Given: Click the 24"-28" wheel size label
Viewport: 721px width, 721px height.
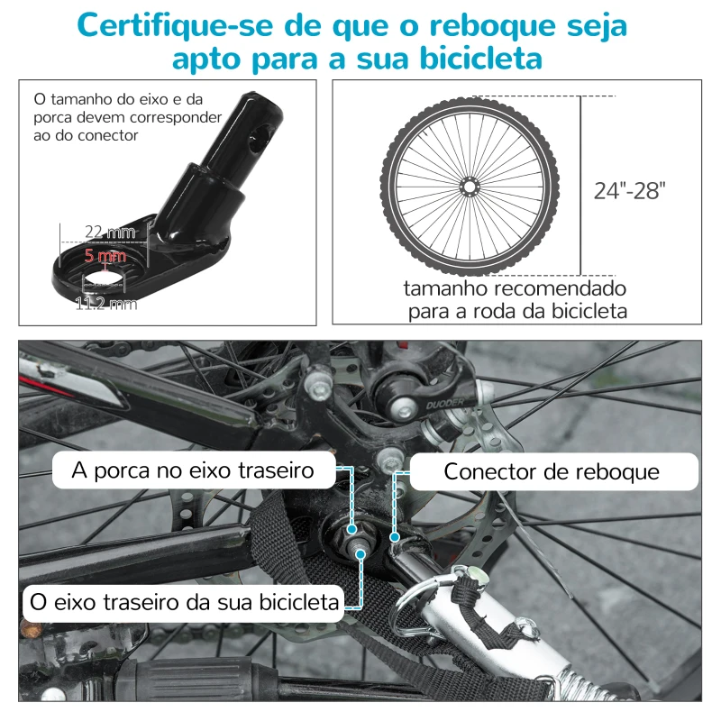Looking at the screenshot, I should (629, 190).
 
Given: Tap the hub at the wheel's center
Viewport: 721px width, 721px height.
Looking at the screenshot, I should (468, 187).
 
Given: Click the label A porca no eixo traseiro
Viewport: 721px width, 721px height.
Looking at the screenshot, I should (194, 470).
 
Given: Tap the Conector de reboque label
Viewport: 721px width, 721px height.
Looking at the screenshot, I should (552, 471).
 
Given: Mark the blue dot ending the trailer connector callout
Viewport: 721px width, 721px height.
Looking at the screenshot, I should (394, 536).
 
